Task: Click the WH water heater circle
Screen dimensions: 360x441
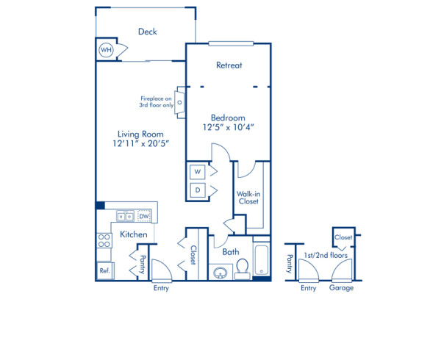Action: tap(106, 50)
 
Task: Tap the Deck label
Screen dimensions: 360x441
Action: tap(148, 32)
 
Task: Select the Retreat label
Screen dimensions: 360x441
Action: tap(229, 65)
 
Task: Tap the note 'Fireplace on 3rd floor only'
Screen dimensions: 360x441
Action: tap(156, 102)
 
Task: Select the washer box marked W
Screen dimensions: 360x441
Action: tap(197, 171)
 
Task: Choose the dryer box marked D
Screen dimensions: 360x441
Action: tap(197, 190)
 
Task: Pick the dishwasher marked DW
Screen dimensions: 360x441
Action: tap(144, 216)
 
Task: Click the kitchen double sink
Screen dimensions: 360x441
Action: tap(124, 217)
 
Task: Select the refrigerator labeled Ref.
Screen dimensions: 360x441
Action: tap(104, 271)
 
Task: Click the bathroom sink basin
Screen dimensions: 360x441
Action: tap(219, 273)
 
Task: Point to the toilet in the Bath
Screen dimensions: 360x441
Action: tap(241, 271)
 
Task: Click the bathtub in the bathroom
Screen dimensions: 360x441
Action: tap(262, 259)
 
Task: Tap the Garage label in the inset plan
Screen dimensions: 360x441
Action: tap(341, 288)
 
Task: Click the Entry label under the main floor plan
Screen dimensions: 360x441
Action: tap(160, 288)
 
